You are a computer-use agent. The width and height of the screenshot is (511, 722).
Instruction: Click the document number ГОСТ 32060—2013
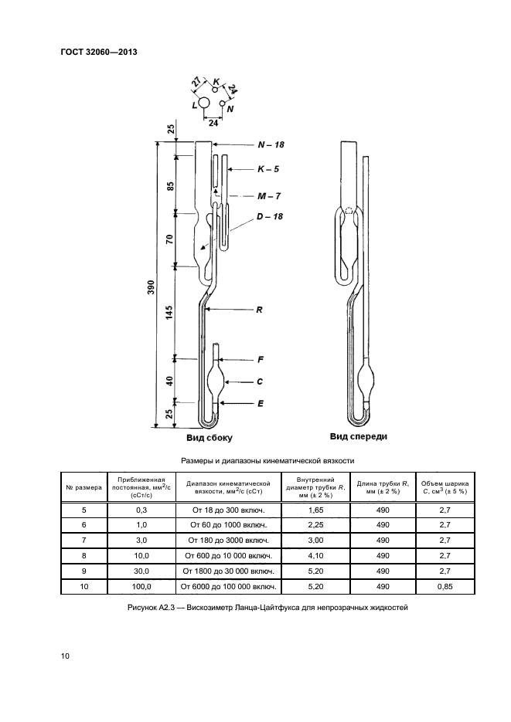[99, 52]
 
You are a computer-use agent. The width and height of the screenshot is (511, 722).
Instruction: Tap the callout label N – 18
[271, 144]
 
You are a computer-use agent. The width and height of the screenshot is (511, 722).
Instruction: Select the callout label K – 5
[268, 169]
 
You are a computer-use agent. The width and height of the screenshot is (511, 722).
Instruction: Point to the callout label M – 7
[269, 196]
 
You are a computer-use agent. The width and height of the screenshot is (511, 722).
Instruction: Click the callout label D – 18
[270, 216]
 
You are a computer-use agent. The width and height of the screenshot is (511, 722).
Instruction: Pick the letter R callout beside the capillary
[260, 310]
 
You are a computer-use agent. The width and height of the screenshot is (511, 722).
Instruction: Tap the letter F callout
[261, 360]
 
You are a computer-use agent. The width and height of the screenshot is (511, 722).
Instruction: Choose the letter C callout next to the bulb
[260, 381]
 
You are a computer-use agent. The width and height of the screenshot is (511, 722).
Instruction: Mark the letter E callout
[261, 403]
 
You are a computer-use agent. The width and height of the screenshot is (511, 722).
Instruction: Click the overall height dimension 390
[151, 287]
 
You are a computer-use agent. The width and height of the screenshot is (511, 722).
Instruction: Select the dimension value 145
[169, 313]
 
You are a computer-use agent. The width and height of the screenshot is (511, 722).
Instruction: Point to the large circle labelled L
[204, 103]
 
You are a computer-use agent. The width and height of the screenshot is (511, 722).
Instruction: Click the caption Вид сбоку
[210, 438]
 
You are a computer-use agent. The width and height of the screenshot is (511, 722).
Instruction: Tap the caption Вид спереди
[359, 436]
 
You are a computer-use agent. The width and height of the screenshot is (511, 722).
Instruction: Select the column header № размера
[83, 487]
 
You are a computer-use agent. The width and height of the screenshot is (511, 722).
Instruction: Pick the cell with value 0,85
[445, 587]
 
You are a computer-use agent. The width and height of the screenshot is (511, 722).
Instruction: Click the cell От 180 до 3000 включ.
[229, 541]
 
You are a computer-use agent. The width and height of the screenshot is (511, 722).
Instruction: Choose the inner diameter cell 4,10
[315, 556]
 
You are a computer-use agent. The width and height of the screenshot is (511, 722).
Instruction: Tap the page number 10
[65, 656]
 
